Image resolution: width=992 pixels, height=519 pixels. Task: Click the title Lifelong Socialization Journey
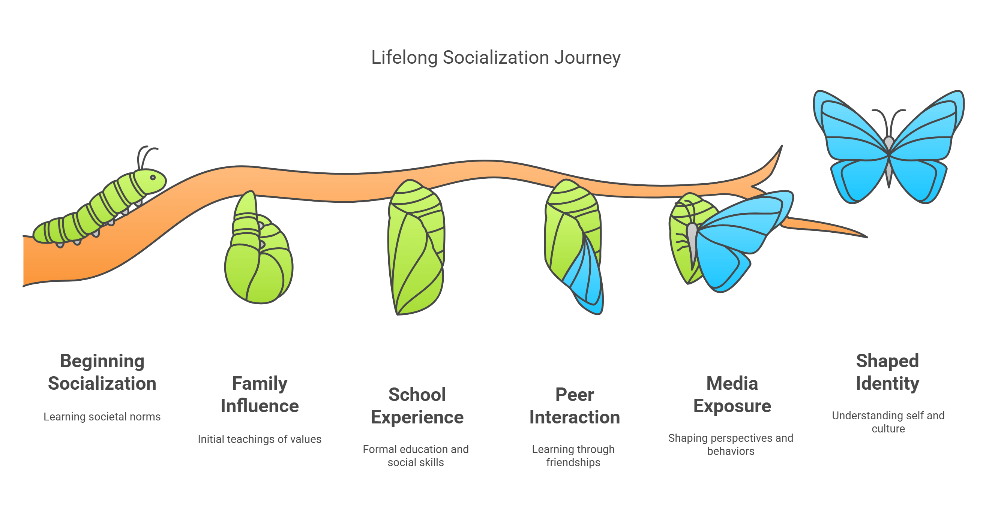(495, 58)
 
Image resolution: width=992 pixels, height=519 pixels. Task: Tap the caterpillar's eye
(153, 177)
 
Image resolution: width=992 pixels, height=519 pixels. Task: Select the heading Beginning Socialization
(102, 372)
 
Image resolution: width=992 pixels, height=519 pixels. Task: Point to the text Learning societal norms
(102, 417)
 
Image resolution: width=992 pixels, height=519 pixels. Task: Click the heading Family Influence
(260, 394)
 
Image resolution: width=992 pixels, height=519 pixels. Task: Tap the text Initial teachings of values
(260, 439)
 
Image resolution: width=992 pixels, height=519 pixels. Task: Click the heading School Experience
(417, 405)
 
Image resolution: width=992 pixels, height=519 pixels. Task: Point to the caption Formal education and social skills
(416, 456)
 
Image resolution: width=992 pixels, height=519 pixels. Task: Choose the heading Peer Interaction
(575, 405)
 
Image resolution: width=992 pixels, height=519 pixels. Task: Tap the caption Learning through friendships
(573, 456)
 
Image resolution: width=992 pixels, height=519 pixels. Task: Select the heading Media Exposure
(732, 394)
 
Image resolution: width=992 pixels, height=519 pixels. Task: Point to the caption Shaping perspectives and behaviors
(731, 444)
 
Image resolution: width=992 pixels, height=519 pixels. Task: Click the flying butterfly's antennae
(889, 119)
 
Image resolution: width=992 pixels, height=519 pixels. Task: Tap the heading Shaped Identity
(888, 372)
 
